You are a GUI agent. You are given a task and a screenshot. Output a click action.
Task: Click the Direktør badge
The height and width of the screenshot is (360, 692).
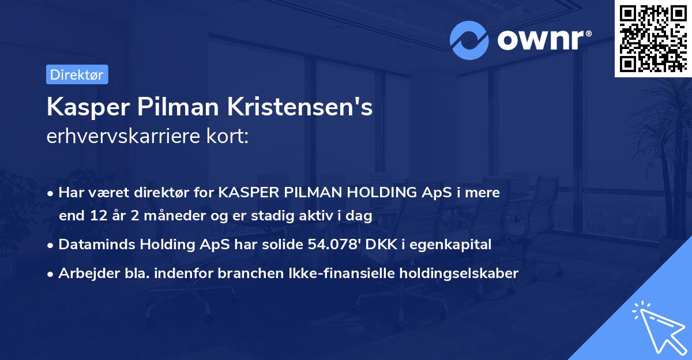(77, 74)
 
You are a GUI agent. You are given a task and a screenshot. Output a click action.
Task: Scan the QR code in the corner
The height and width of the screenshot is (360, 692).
(653, 38)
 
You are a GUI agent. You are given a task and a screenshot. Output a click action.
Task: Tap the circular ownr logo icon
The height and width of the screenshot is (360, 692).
(469, 40)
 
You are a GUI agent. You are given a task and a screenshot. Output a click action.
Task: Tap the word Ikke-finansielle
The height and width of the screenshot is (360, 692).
(321, 273)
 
